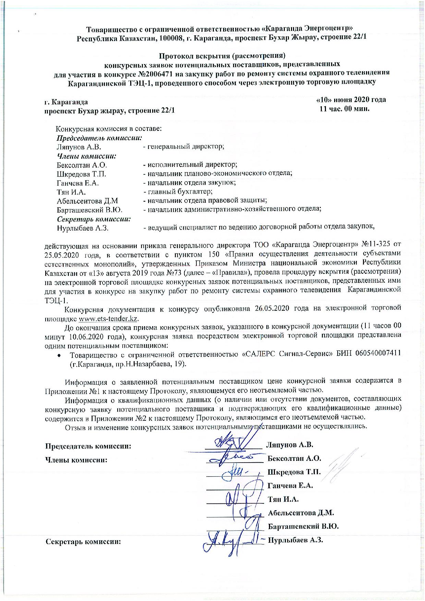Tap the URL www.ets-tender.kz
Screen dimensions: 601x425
pyautogui.click(x=108, y=319)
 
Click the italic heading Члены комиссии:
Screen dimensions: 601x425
pyautogui.click(x=86, y=156)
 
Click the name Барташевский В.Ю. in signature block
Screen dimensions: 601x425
pyautogui.click(x=303, y=526)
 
